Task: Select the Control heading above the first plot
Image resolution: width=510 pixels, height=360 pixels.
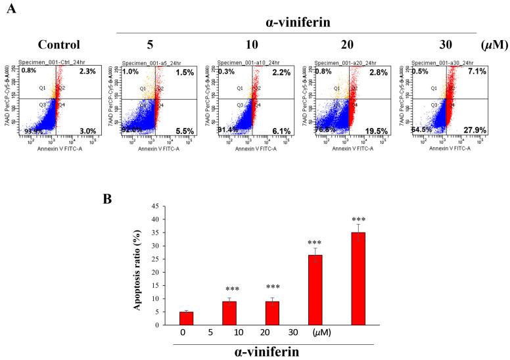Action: [x=59, y=45]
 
